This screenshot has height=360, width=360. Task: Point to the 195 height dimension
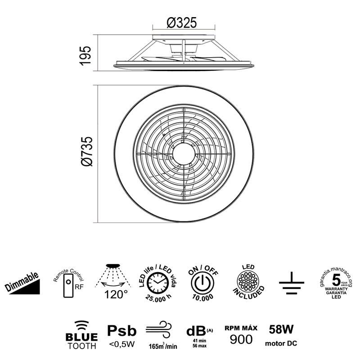[x=86, y=55]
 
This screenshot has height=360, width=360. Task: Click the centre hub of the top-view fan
[x=184, y=156]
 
